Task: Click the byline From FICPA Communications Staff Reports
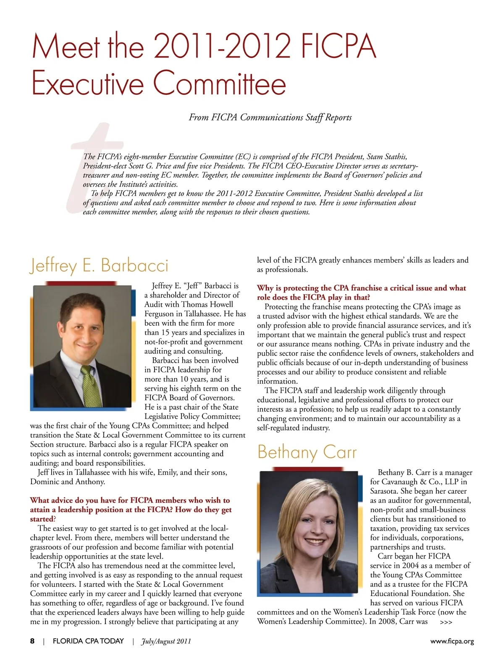click(270, 117)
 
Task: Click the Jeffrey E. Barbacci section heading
click(99, 266)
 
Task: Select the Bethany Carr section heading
click(307, 453)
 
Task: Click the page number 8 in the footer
click(32, 641)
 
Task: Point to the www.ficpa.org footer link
click(452, 641)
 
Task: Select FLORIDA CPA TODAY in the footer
click(88, 641)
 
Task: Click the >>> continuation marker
click(446, 623)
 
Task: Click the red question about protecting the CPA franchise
click(361, 293)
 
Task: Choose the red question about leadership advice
click(131, 509)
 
